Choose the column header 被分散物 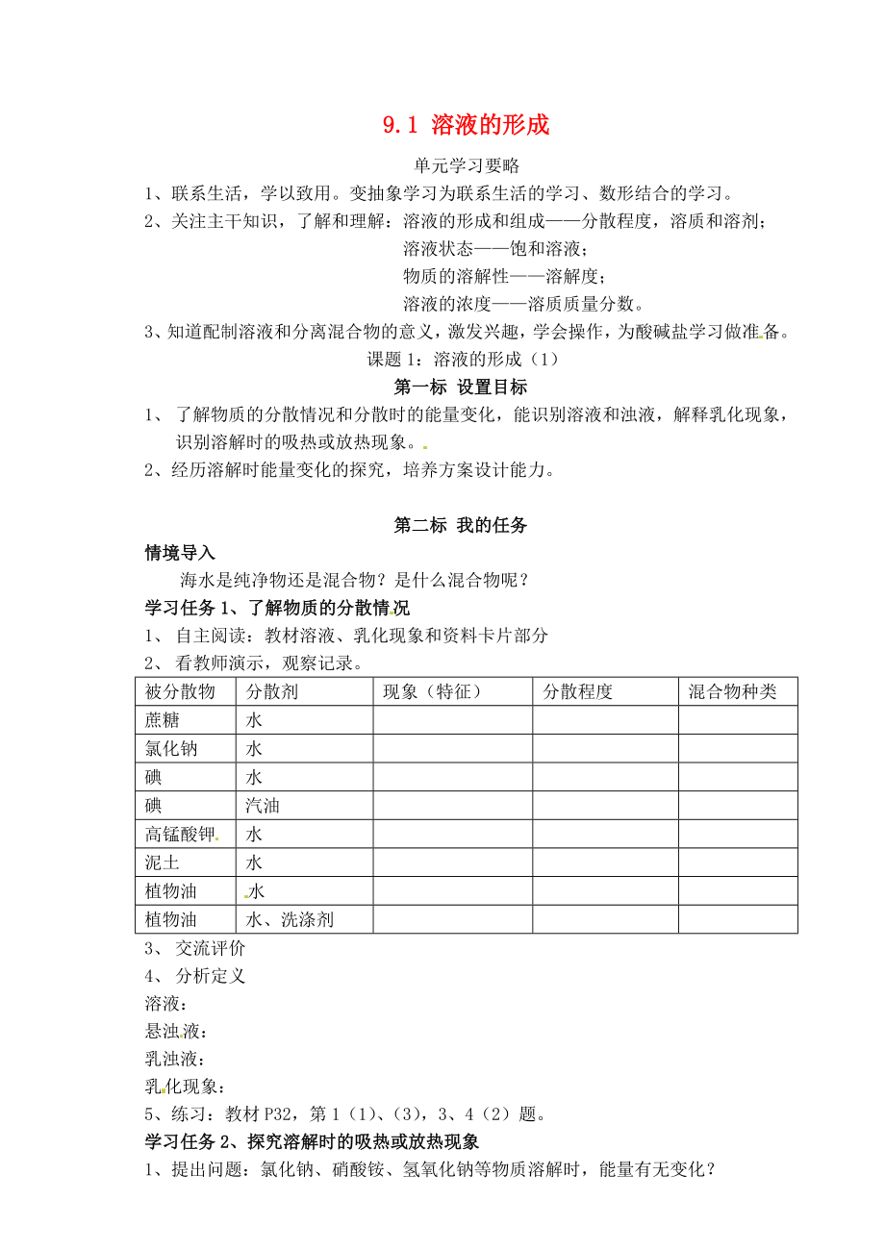tap(180, 691)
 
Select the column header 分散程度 tap(578, 691)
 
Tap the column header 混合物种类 tap(732, 691)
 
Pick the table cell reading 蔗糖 tap(163, 720)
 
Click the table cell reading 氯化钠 tap(171, 748)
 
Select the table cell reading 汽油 tap(263, 806)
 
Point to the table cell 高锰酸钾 tap(180, 834)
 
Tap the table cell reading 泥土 tap(163, 862)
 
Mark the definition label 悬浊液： tap(175, 1032)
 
